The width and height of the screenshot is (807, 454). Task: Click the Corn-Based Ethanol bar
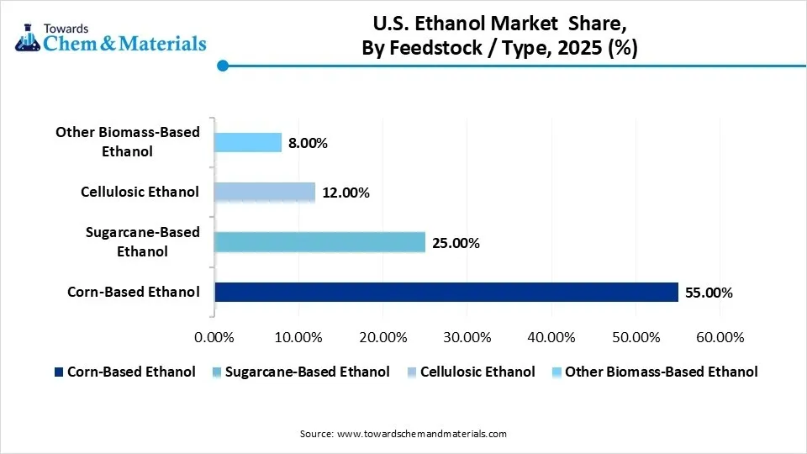(x=446, y=293)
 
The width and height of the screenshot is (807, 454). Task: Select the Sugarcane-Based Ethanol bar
(x=319, y=243)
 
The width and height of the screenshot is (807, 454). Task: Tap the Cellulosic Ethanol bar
(x=265, y=193)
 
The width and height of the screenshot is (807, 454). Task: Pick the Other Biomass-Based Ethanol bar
(x=248, y=142)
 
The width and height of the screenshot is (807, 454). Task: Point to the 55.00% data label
(x=709, y=293)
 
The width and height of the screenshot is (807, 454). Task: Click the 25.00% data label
(x=456, y=244)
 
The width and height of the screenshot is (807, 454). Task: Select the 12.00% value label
(x=345, y=193)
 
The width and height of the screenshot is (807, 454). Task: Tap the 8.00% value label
(x=308, y=143)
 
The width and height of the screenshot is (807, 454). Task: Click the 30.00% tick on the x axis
(x=467, y=337)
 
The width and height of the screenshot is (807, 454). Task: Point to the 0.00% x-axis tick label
(x=214, y=337)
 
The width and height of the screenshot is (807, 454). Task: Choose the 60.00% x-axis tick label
(x=720, y=337)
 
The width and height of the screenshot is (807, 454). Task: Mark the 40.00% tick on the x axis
(x=551, y=337)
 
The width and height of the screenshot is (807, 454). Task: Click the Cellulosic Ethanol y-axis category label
(x=140, y=192)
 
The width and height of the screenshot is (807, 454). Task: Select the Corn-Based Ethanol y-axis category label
(x=134, y=293)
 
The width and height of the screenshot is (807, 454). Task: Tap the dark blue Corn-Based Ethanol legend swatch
(x=58, y=372)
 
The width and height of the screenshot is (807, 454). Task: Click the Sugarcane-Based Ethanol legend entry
(x=308, y=372)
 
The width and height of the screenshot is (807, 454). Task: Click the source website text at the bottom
(x=403, y=434)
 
